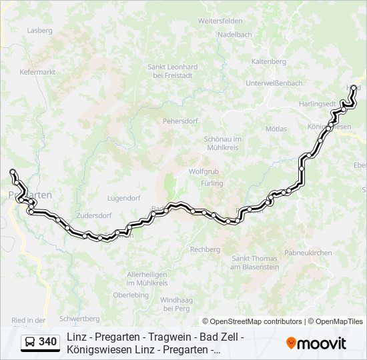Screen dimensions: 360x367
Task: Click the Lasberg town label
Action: (39, 30)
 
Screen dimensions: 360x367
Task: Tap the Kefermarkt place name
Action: (36, 71)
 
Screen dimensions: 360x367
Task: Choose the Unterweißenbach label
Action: (274, 83)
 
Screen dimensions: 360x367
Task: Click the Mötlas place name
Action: (276, 129)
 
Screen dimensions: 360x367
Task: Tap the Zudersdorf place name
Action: (93, 216)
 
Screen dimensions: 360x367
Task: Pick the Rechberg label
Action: (205, 249)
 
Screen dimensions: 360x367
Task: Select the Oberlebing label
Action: (131, 295)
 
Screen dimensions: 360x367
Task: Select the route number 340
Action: (47, 343)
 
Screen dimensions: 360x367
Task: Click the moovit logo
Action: (316, 343)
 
